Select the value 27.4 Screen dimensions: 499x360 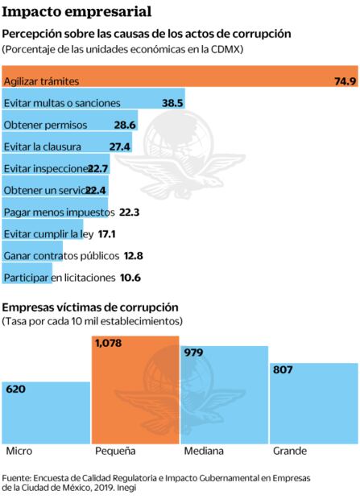(120, 146)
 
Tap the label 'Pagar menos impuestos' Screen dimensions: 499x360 (59, 212)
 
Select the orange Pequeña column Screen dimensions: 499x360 (134, 394)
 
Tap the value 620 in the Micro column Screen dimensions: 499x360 (16, 389)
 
